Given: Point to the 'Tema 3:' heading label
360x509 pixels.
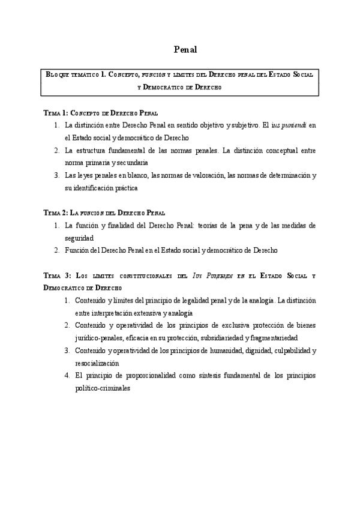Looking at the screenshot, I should [x=58, y=275].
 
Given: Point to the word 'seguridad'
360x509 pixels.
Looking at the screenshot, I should [x=82, y=238].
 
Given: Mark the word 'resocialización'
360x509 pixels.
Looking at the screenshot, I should [x=97, y=363].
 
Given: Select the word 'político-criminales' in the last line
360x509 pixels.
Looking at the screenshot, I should [x=103, y=388].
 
